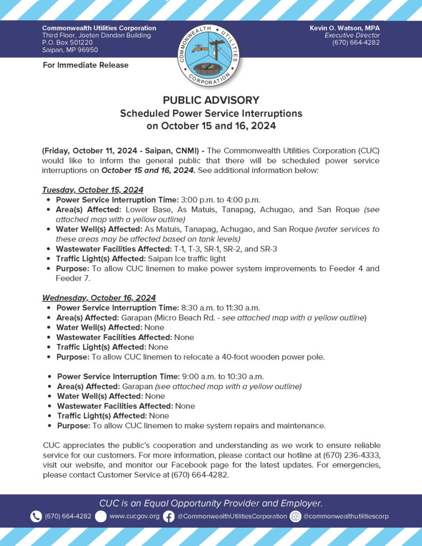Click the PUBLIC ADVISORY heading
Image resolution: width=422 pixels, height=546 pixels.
pyautogui.click(x=211, y=100)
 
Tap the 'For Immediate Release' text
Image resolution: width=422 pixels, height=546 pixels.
pyautogui.click(x=85, y=65)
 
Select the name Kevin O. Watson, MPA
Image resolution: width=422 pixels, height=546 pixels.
pyautogui.click(x=345, y=28)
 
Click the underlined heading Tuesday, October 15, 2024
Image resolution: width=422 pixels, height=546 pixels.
pyautogui.click(x=92, y=190)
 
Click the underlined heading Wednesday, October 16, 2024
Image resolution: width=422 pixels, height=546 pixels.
pyautogui.click(x=99, y=298)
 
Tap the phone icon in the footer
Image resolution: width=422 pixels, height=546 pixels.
pyautogui.click(x=36, y=516)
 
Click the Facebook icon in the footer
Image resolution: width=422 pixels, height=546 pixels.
pyautogui.click(x=169, y=516)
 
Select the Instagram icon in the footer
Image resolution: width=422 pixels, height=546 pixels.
pyautogui.click(x=296, y=516)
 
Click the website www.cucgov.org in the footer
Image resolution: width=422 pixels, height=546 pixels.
pyautogui.click(x=134, y=516)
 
